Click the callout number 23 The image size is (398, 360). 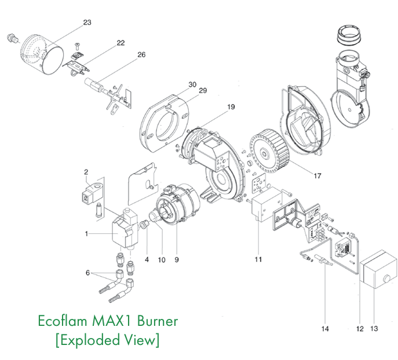coord(87,23)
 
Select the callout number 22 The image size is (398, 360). coord(121,43)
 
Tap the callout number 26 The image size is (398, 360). coord(141,56)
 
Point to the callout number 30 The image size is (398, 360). coord(192,84)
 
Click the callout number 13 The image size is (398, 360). coord(374,328)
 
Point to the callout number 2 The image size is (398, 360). coord(86,172)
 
